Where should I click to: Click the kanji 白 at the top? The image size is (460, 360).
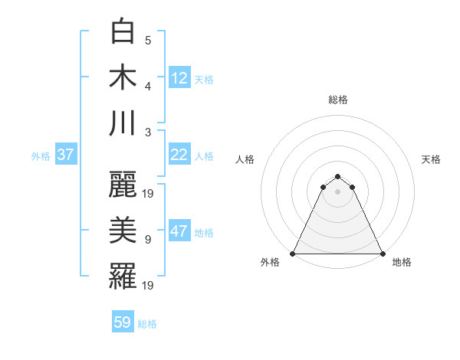123,33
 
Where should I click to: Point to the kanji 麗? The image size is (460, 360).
123,186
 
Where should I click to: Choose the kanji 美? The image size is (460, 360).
123,231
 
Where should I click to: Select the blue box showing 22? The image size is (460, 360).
179,155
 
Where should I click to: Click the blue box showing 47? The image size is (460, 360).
179,232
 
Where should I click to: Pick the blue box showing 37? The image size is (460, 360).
65,155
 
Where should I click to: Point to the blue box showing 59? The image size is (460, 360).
123,322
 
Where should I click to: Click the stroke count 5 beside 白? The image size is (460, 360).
148,40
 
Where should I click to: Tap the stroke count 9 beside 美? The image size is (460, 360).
148,239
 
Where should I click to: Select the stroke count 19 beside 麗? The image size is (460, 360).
149,193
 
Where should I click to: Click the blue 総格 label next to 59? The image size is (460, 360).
147,324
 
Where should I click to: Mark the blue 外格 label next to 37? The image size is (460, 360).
41,155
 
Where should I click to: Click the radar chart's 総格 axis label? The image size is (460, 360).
338,100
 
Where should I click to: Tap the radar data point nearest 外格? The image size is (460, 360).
293,254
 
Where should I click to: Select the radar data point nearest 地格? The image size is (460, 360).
383,254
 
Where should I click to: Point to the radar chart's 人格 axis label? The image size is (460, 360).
245,159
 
